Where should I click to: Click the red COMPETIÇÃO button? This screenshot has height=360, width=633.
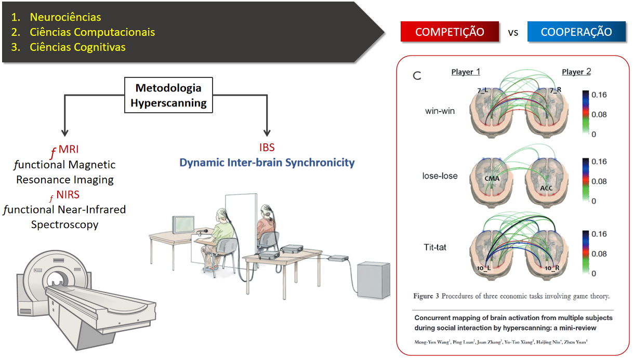tap(450, 32)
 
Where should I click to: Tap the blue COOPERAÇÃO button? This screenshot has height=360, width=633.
tap(576, 32)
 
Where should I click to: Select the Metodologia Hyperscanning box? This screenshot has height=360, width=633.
tap(168, 96)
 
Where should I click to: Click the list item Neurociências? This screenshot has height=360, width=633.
tap(65, 18)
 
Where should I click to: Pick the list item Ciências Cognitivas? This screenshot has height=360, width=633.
tap(77, 47)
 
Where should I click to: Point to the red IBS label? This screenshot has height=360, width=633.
tap(267, 148)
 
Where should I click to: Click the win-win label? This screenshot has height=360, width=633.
tap(440, 111)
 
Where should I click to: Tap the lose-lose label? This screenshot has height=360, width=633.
tap(440, 176)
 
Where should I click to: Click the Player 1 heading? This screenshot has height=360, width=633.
tap(462, 72)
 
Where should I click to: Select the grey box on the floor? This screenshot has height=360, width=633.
tap(373, 281)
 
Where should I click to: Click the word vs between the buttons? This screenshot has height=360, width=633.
tap(513, 32)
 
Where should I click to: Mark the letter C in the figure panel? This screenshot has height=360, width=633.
tap(417, 76)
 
